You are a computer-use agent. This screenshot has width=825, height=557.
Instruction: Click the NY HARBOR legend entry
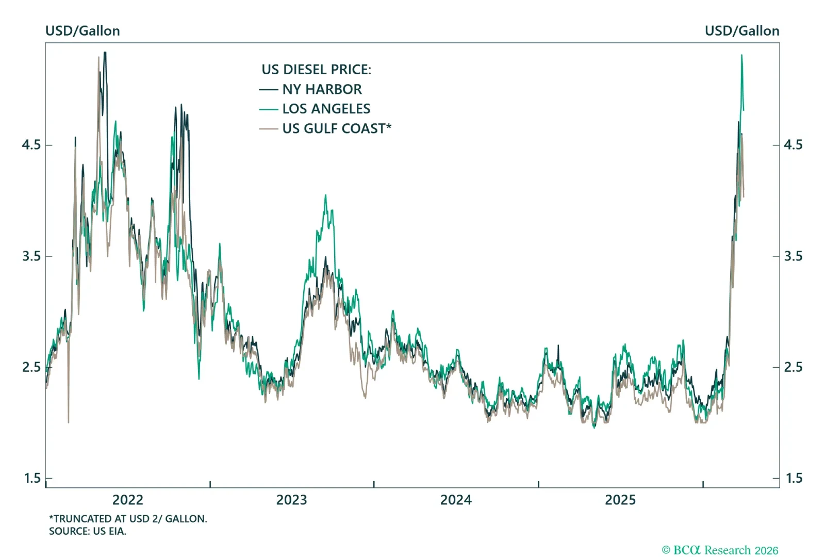tap(322, 89)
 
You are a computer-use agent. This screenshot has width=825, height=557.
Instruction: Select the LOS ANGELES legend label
tap(326, 109)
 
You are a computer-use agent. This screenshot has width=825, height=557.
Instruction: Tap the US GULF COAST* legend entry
tap(336, 128)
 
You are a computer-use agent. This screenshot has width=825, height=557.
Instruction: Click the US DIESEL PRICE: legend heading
tap(316, 70)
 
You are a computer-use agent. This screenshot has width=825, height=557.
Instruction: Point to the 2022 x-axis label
tap(127, 500)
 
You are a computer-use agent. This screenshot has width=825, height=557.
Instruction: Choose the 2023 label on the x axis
tap(291, 500)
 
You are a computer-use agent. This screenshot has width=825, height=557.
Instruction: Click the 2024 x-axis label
tap(456, 500)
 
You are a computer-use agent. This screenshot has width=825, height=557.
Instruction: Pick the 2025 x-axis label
tap(620, 500)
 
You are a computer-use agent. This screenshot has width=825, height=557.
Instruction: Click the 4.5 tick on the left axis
tap(31, 145)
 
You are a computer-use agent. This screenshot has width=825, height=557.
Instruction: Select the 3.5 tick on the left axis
tap(31, 256)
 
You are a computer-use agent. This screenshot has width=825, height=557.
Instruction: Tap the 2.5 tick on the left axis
tap(31, 367)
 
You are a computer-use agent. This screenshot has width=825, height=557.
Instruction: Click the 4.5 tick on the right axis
tap(793, 145)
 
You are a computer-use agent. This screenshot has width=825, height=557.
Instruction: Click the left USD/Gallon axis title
tap(82, 31)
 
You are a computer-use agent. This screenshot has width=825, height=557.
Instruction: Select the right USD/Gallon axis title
tap(742, 31)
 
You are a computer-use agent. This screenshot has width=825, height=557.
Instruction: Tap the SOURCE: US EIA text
tap(88, 531)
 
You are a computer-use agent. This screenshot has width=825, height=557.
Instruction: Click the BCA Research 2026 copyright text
tap(720, 550)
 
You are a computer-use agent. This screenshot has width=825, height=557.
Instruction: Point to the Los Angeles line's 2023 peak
tap(325, 195)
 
